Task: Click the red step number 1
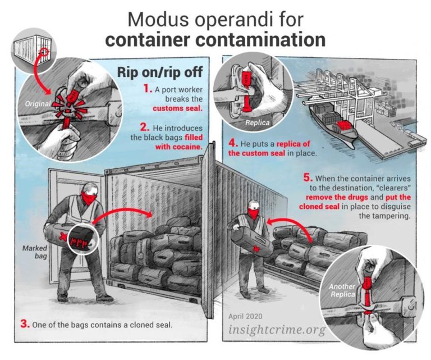(148, 89)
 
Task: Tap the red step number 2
(145, 127)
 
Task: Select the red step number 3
(25, 324)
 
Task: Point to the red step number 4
(233, 143)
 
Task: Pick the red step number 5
(308, 177)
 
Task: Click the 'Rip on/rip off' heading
(160, 72)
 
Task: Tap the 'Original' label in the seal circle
(38, 104)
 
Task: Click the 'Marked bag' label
(35, 252)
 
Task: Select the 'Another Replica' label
(342, 290)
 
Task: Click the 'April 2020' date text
(245, 316)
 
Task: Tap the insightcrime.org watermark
(277, 329)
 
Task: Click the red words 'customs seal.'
(177, 108)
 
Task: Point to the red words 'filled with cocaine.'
(178, 142)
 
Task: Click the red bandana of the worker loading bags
(89, 198)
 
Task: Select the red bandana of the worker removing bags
(253, 213)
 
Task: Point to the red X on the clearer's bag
(256, 249)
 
